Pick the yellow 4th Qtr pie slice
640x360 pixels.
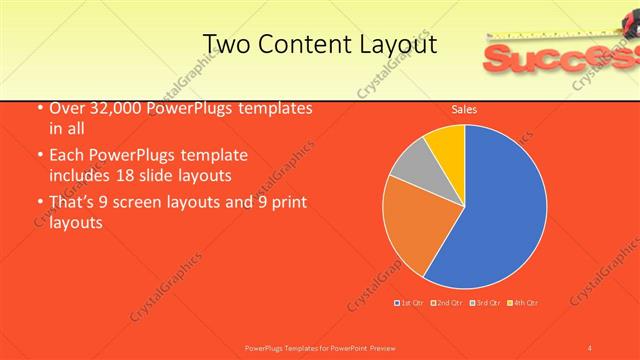pos(447,145)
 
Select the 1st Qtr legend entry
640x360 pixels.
pos(410,302)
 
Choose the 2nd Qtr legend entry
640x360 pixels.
pos(446,302)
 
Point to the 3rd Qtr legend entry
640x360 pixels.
pos(486,302)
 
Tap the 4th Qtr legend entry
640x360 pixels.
pos(523,302)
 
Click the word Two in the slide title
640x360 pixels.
pos(226,44)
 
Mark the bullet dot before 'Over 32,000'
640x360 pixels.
pos(37,109)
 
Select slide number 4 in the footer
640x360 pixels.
pos(590,348)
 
